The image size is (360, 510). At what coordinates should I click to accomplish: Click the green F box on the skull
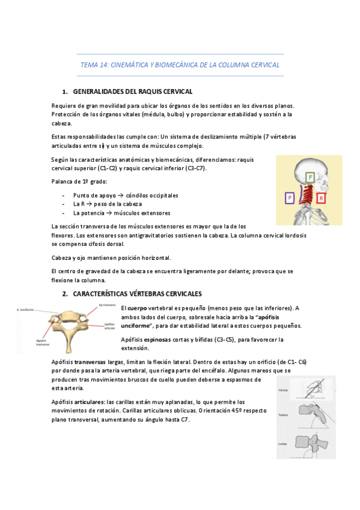point(310,177)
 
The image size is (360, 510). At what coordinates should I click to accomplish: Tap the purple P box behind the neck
point(290,197)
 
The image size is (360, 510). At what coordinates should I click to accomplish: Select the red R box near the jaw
point(322,198)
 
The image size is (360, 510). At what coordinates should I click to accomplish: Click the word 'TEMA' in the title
point(88,64)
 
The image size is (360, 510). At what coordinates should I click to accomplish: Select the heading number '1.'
point(66,91)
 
